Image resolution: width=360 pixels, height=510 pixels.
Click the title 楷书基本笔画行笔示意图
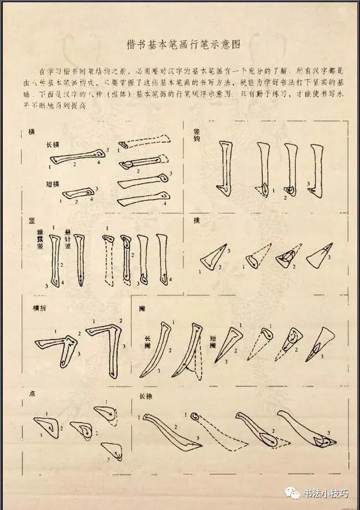(x=179, y=44)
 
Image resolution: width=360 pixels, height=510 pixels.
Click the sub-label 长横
(x=53, y=145)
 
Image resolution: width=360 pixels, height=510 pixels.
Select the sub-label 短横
(x=53, y=184)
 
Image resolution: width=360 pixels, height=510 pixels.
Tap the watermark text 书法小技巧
(x=327, y=494)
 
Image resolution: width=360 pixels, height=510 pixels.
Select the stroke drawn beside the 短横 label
(x=77, y=193)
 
